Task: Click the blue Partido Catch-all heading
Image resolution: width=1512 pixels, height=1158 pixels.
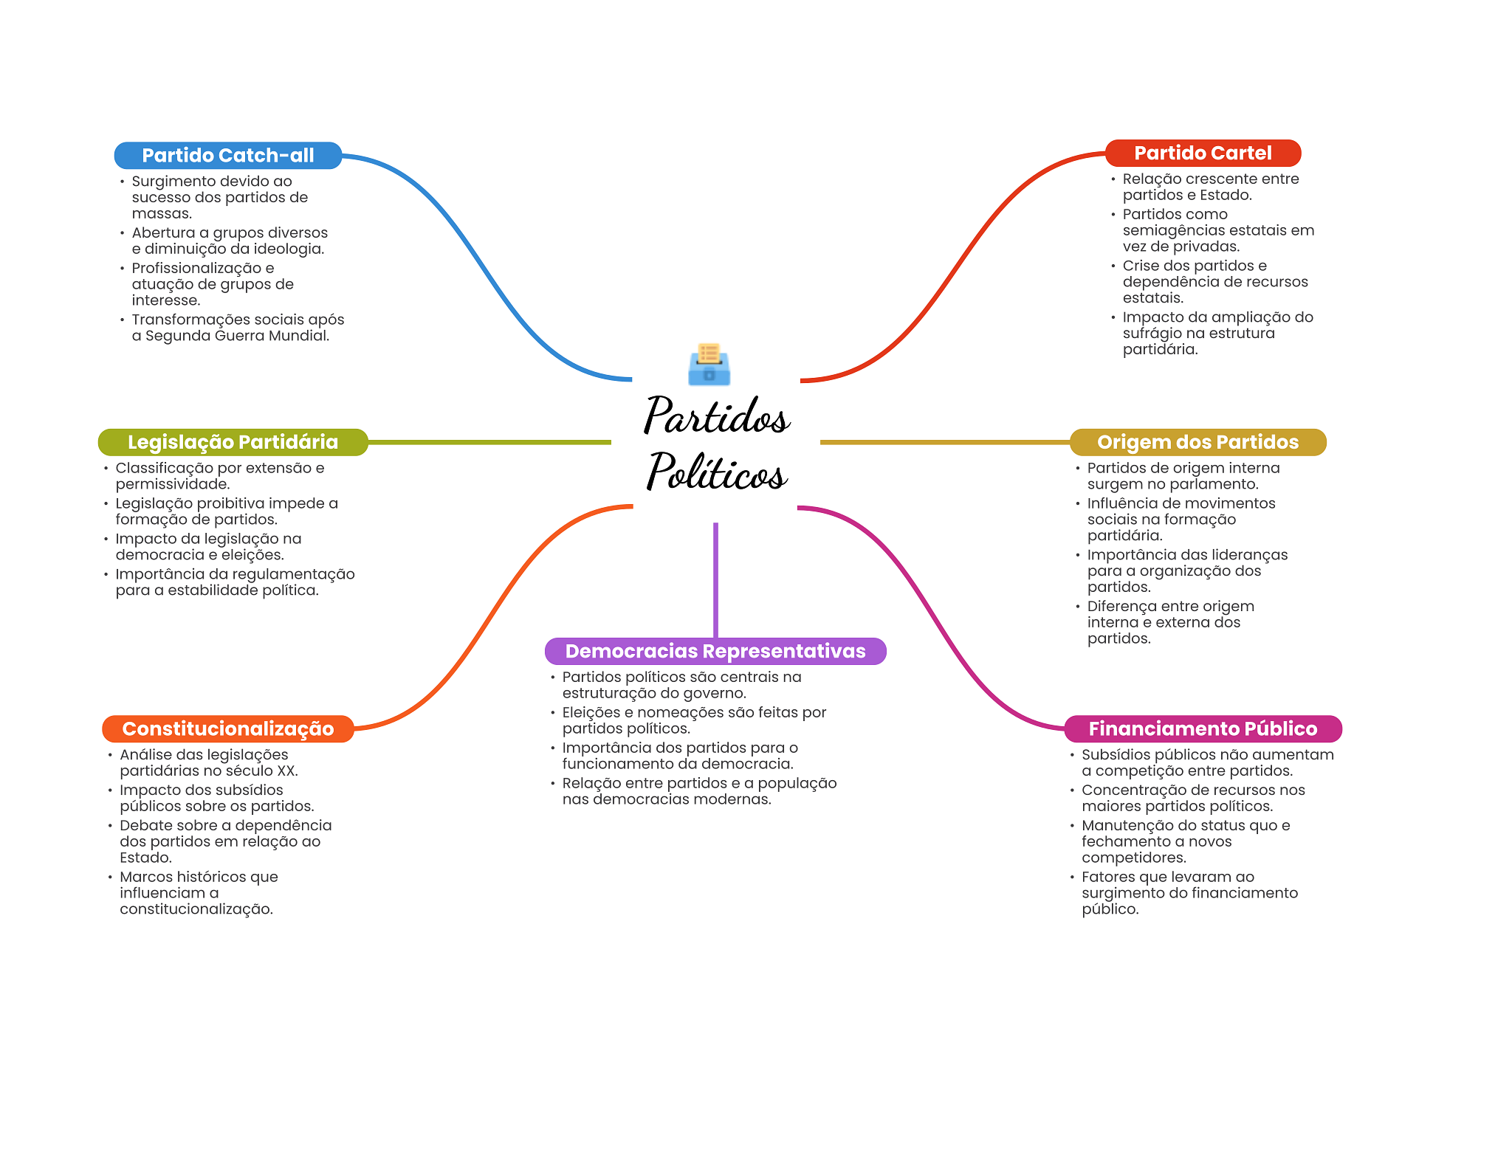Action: tap(228, 156)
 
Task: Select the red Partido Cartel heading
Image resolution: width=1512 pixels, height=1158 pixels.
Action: tap(1203, 154)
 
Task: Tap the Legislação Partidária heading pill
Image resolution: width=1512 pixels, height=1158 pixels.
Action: tap(233, 442)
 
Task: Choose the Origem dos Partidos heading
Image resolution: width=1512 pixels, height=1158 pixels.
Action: tap(1197, 442)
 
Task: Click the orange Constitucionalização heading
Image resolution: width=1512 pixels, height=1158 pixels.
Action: tap(228, 729)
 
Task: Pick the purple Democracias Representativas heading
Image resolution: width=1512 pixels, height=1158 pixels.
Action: tap(715, 652)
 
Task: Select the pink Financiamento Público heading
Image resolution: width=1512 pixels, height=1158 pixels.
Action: tap(1203, 729)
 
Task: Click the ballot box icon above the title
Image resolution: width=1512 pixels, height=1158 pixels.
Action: tap(709, 364)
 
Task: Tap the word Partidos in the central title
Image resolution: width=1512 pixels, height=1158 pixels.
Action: tap(717, 415)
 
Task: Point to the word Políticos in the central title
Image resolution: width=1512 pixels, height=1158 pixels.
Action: tap(717, 472)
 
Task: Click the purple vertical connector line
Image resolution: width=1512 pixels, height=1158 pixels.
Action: tap(715, 580)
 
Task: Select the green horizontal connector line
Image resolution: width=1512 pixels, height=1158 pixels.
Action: tap(489, 442)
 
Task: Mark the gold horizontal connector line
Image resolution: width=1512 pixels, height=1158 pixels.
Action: tap(945, 442)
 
